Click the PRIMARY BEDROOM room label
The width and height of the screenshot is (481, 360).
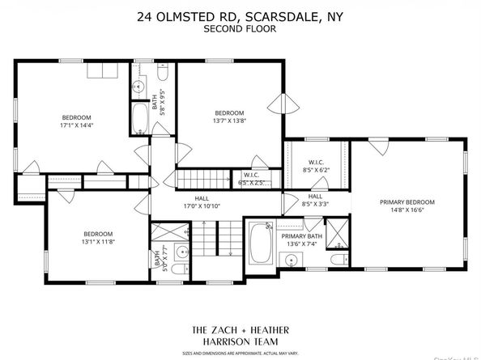pos(408,202)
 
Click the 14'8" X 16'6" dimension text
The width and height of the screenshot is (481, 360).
pos(408,210)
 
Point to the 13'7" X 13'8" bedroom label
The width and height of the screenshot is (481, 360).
pos(229,116)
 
